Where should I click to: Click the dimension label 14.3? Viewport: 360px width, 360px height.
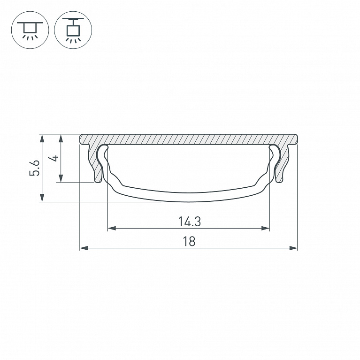click(190, 222)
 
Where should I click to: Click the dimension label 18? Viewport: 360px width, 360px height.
click(189, 242)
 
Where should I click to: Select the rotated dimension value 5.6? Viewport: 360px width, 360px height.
click(35, 168)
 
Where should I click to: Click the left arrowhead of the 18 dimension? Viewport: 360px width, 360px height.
click(84, 248)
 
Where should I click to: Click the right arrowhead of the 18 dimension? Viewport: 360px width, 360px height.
click(293, 248)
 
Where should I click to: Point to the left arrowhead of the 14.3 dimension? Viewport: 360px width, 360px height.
click(112, 228)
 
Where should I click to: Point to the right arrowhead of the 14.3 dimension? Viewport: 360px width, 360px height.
click(265, 228)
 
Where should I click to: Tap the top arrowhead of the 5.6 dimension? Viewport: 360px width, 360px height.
click(42, 138)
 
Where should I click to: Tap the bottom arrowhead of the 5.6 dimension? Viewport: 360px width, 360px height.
click(42, 198)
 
